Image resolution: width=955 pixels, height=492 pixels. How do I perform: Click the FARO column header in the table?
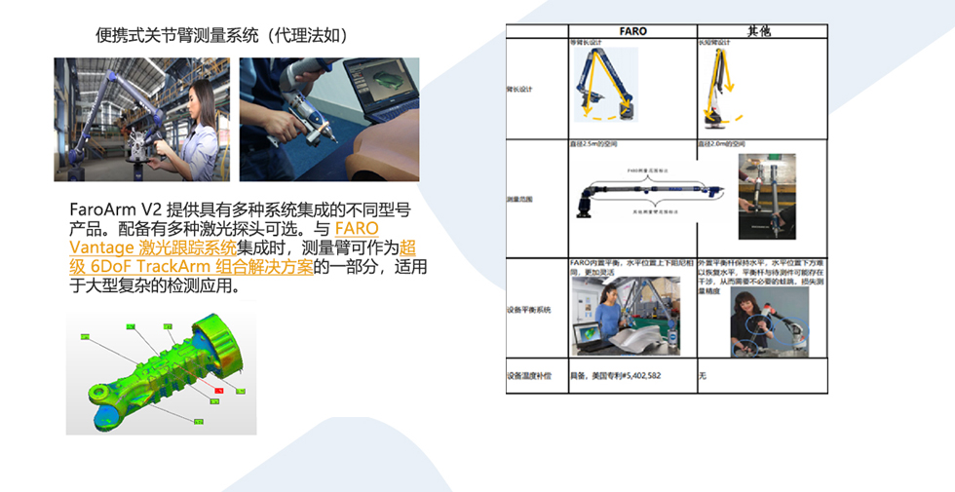tap(632, 31)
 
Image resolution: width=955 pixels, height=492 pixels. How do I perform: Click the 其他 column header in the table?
tap(760, 31)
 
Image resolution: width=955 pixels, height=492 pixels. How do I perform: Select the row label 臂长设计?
tap(521, 89)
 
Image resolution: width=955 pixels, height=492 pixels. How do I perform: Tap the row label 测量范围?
tap(521, 199)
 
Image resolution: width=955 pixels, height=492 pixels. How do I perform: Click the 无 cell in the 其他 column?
tap(702, 375)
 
